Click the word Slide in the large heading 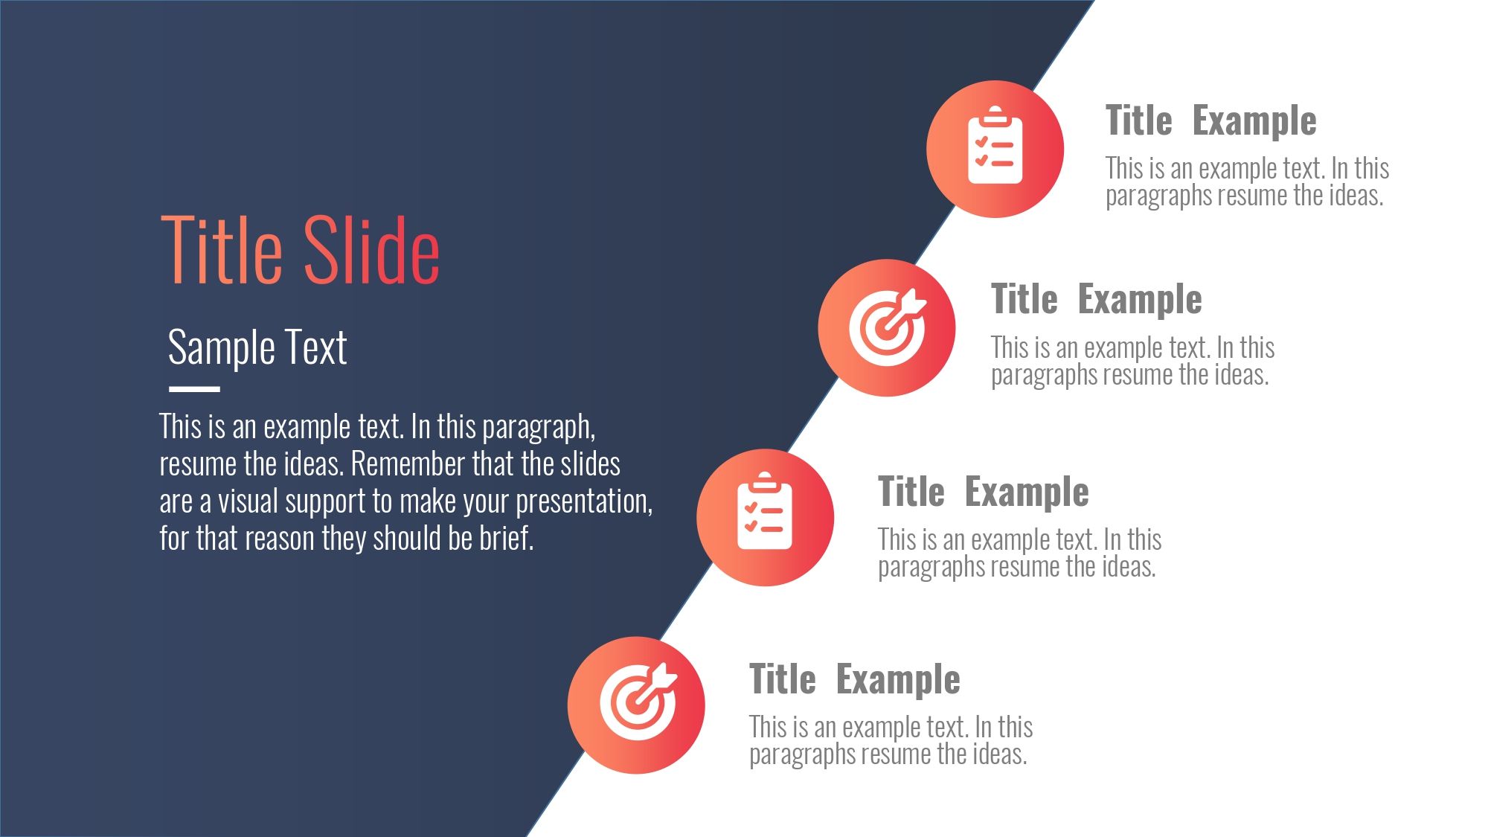(x=371, y=250)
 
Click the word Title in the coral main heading (x=222, y=250)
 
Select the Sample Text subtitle (x=257, y=347)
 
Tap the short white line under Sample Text (x=194, y=388)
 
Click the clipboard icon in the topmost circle (x=995, y=146)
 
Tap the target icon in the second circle (x=888, y=327)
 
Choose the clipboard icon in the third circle (x=765, y=511)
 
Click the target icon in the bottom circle (x=638, y=702)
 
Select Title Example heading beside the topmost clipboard (x=1210, y=121)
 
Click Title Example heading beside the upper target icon (x=1096, y=300)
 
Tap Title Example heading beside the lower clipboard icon (x=983, y=492)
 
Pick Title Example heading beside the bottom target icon (x=854, y=679)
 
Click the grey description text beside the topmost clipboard (x=1247, y=182)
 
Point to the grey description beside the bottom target (x=891, y=741)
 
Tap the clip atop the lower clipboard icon (x=765, y=480)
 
